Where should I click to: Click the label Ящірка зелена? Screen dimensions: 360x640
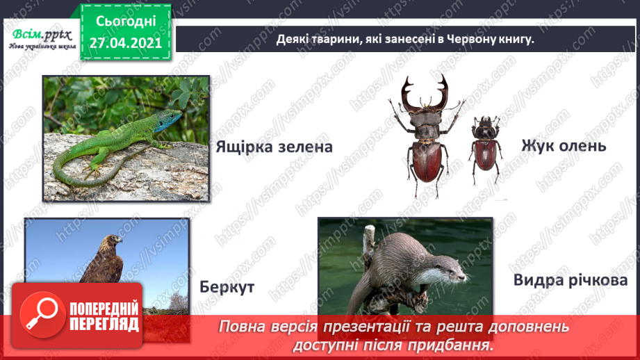[x=265, y=147]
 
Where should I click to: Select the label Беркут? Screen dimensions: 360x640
[x=227, y=287]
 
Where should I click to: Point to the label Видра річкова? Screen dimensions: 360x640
[x=570, y=281]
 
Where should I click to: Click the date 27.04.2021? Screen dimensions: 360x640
[x=125, y=42]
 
